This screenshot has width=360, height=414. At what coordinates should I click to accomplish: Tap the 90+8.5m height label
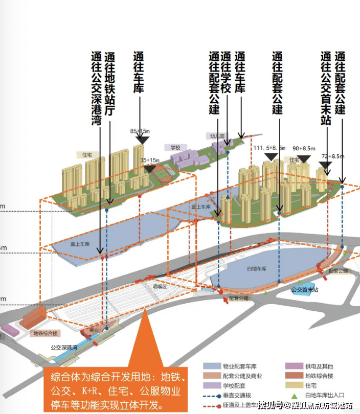pos(304,148)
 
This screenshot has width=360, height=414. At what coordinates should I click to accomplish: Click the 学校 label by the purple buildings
pos(175,147)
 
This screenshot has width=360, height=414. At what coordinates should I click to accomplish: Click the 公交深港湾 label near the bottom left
pos(64,348)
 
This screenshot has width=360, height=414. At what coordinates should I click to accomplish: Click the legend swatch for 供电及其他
pos(292,366)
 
